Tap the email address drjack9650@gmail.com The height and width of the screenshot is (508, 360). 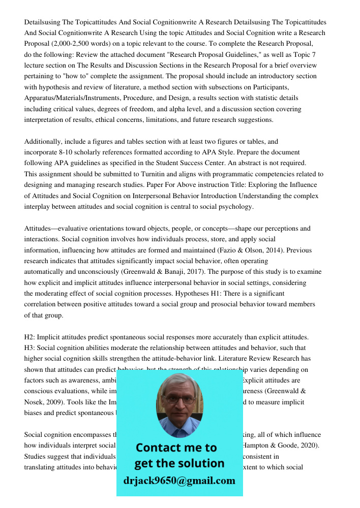coord(179,481)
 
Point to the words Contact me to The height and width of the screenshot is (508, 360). coord(176,448)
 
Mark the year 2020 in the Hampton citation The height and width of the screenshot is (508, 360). coord(309,446)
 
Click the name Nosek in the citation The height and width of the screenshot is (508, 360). coord(35,402)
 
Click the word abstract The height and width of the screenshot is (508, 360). coord(248,163)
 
